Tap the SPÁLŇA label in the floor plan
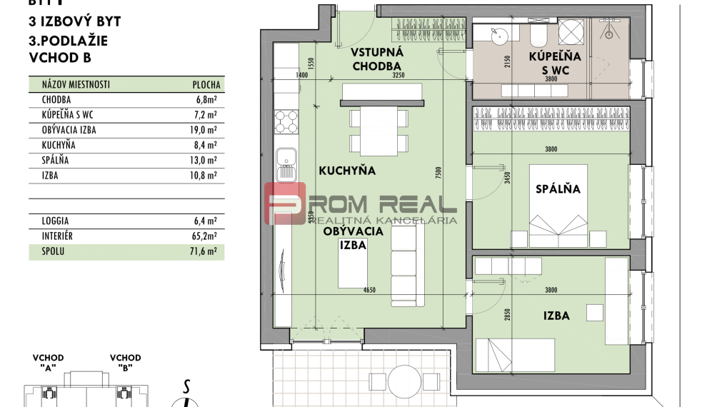tap(558, 189)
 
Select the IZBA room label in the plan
tap(556, 315)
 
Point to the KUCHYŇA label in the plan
tap(348, 171)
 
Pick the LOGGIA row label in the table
tap(56, 221)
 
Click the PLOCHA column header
tap(206, 84)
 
